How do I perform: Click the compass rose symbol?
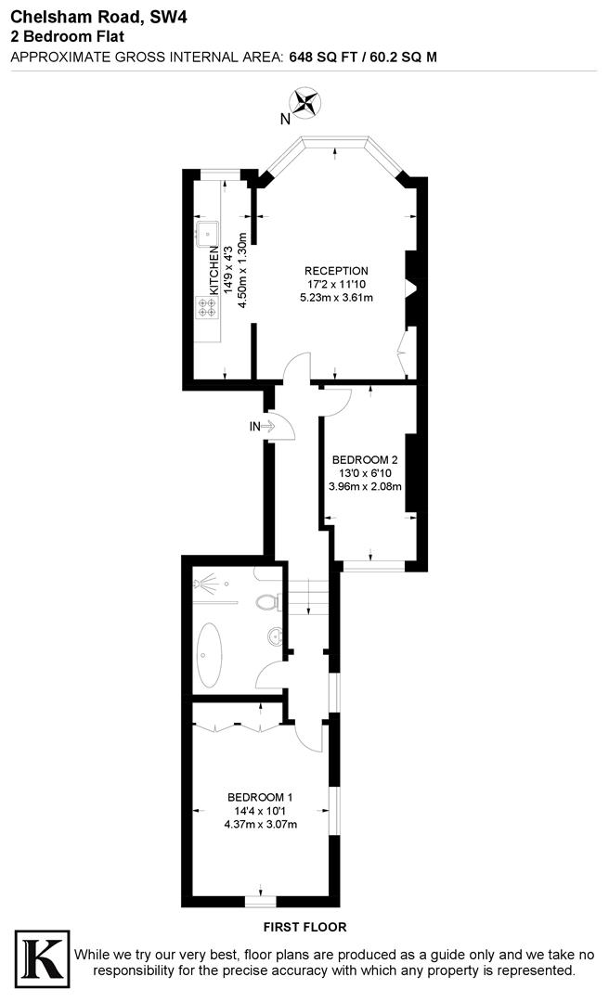[x=305, y=101]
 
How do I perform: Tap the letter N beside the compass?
[x=286, y=118]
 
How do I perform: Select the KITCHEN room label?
[x=214, y=270]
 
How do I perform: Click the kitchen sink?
[x=205, y=231]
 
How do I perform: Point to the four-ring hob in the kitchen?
[x=205, y=307]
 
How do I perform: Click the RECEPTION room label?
[x=337, y=271]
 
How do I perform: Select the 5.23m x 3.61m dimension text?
[x=336, y=298]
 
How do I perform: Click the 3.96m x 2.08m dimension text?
[x=365, y=485]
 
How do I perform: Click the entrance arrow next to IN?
[x=267, y=427]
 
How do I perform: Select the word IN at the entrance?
[x=253, y=427]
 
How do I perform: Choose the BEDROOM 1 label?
[x=261, y=797]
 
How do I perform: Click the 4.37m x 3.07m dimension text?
[x=261, y=824]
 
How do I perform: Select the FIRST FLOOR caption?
[x=304, y=927]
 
